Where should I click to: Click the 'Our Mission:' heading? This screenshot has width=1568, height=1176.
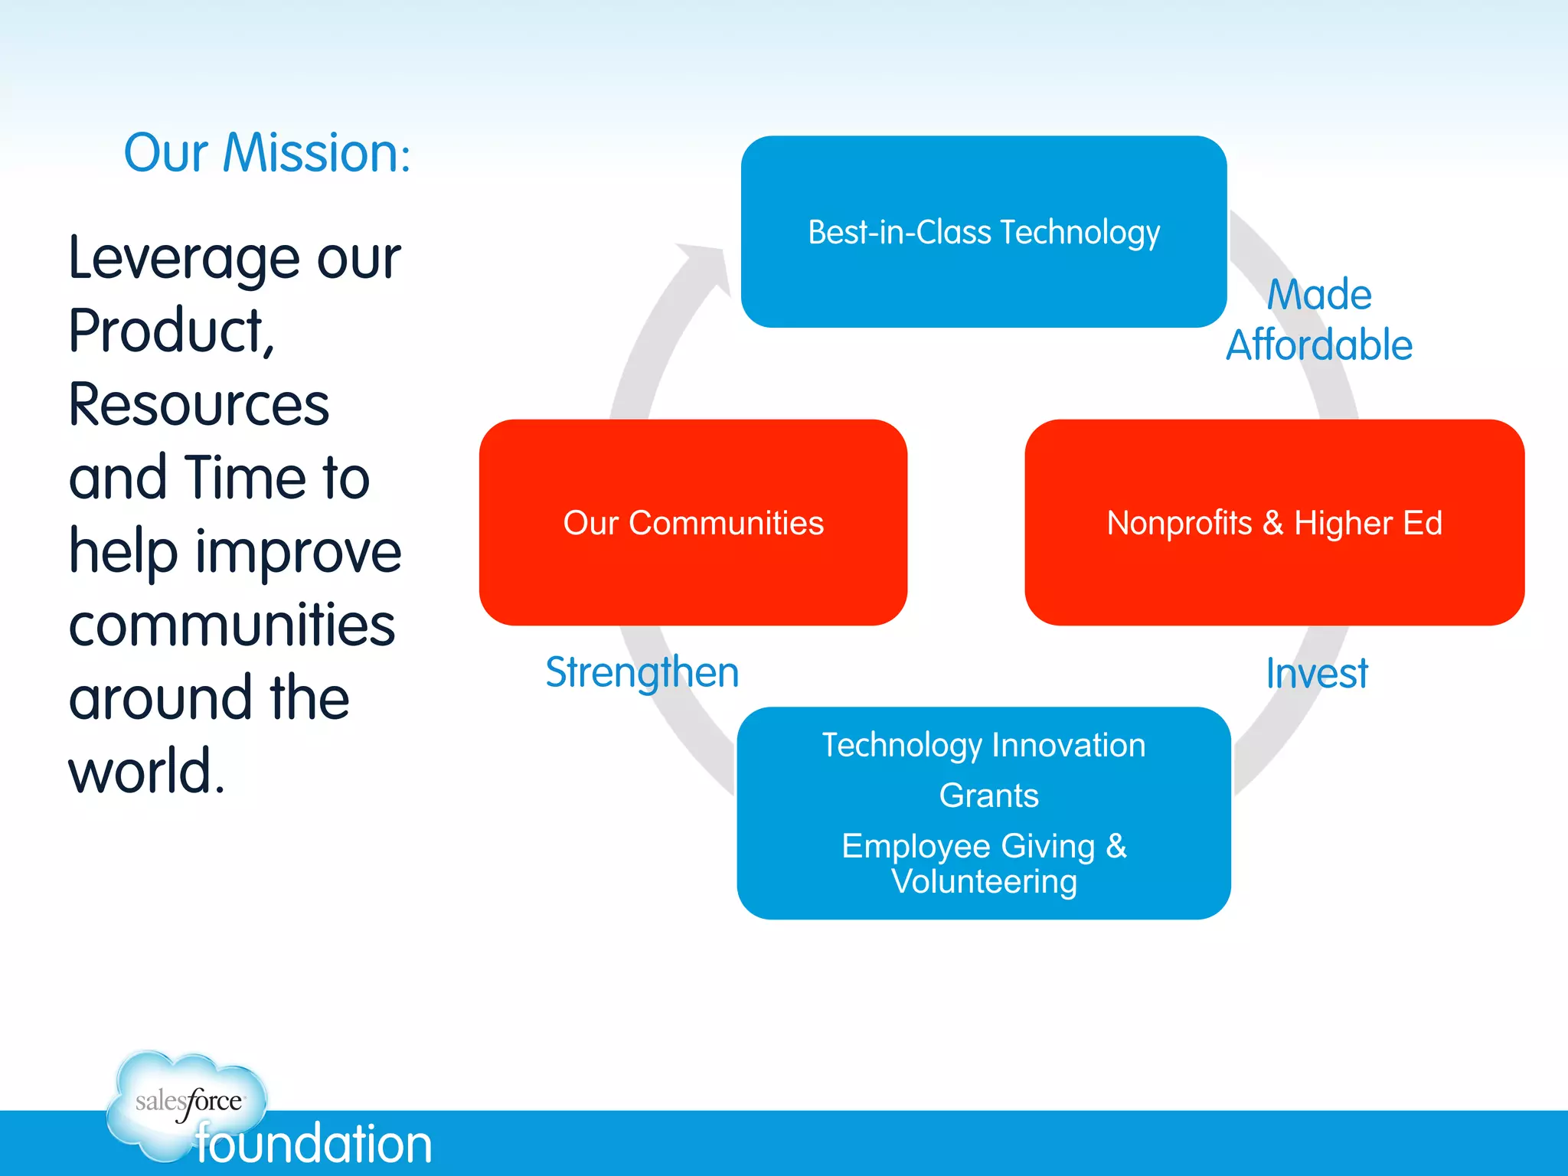[267, 153]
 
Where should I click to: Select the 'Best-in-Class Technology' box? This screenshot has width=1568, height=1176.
[984, 232]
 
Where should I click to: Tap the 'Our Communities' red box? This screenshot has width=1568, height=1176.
[693, 523]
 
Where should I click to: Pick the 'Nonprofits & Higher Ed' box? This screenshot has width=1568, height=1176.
[1274, 523]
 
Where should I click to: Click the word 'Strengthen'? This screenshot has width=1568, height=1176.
[642, 672]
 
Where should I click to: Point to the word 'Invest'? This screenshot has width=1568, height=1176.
[1316, 674]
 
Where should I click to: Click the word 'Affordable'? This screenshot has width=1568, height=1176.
[1318, 345]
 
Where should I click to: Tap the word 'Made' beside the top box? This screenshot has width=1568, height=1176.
[1318, 295]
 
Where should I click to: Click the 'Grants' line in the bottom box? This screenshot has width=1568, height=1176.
[988, 795]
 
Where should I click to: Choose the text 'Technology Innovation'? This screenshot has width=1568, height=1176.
[984, 745]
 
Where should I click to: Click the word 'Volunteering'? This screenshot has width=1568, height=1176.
[984, 881]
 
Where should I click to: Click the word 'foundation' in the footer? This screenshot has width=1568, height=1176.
[314, 1144]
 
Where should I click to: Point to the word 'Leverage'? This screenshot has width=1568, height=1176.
[184, 259]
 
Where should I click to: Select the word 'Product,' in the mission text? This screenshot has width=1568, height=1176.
[171, 331]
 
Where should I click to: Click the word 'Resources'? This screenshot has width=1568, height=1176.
[199, 404]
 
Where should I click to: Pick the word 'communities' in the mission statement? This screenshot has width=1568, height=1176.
[232, 625]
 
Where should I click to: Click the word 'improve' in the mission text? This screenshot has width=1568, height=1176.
[299, 551]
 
